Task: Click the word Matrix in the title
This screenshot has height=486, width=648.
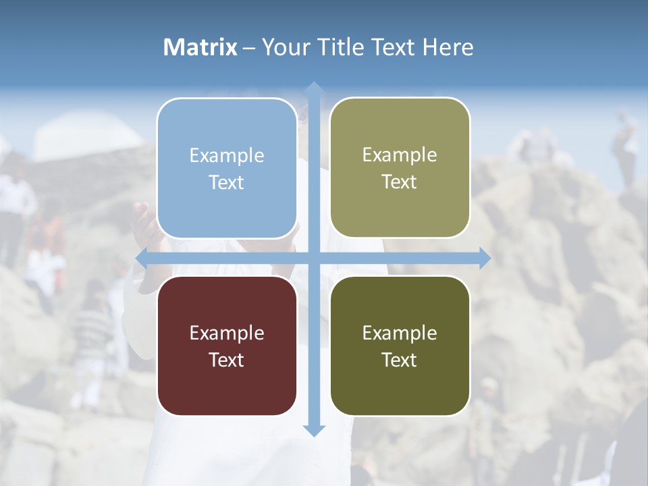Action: [x=200, y=47]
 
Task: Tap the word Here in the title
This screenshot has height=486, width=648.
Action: [x=448, y=47]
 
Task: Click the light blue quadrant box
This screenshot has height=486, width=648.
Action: [x=227, y=168]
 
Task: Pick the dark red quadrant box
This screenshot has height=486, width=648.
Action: [x=227, y=346]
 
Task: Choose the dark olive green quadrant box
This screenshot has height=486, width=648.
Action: [x=400, y=346]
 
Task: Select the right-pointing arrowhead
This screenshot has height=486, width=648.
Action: [x=484, y=258]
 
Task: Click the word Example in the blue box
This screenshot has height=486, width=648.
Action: [x=227, y=156]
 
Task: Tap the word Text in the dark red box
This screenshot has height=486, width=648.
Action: [x=226, y=360]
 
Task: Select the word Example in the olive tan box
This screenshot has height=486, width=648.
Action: [x=400, y=155]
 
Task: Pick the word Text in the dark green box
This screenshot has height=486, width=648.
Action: [x=399, y=360]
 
